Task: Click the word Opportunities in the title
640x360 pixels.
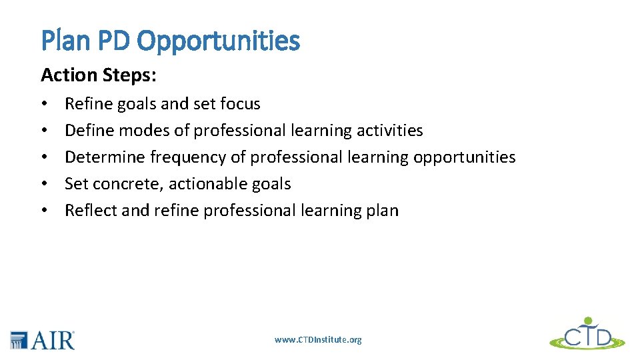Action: [218, 41]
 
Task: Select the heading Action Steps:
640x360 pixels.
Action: [99, 75]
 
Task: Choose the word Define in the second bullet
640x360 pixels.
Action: [89, 131]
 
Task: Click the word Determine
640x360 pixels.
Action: [105, 157]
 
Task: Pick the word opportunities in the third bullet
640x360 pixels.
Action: [464, 158]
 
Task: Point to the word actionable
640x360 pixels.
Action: [204, 184]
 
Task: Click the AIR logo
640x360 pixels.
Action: [43, 339]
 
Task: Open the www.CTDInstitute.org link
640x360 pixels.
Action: [318, 340]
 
